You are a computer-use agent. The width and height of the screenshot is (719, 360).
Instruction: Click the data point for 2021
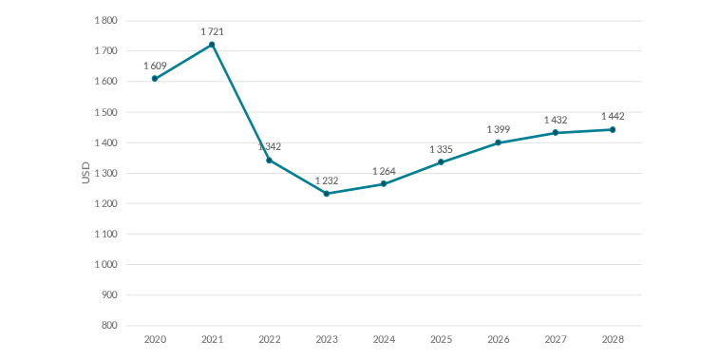click(212, 45)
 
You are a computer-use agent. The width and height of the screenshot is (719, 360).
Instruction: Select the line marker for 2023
click(327, 194)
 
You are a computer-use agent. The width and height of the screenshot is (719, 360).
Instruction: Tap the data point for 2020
click(155, 79)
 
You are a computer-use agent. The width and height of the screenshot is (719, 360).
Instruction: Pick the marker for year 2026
click(498, 142)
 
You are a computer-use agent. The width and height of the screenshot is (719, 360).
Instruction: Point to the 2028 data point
click(613, 129)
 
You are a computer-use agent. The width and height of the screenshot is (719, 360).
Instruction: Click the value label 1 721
click(212, 32)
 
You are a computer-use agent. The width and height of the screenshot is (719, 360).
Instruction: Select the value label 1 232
click(327, 180)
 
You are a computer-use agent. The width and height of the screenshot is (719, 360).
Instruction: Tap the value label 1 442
click(613, 116)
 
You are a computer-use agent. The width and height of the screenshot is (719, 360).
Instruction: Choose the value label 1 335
click(441, 149)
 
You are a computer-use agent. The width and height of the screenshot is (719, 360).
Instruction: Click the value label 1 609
click(155, 66)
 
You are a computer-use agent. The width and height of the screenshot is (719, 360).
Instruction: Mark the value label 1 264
click(384, 171)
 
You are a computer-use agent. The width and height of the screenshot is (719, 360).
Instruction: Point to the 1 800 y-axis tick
click(104, 21)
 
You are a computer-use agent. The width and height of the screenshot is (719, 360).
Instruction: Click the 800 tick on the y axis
click(109, 326)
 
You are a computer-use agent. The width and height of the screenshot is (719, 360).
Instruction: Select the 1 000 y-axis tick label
click(104, 265)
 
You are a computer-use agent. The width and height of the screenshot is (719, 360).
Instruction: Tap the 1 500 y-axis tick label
click(104, 112)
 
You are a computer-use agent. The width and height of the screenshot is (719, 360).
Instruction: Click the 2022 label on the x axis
click(269, 339)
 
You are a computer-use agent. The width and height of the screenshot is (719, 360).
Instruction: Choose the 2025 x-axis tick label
click(441, 339)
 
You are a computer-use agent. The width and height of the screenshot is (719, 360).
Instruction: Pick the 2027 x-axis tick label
click(556, 339)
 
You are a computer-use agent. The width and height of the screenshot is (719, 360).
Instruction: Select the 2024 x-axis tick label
click(384, 339)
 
